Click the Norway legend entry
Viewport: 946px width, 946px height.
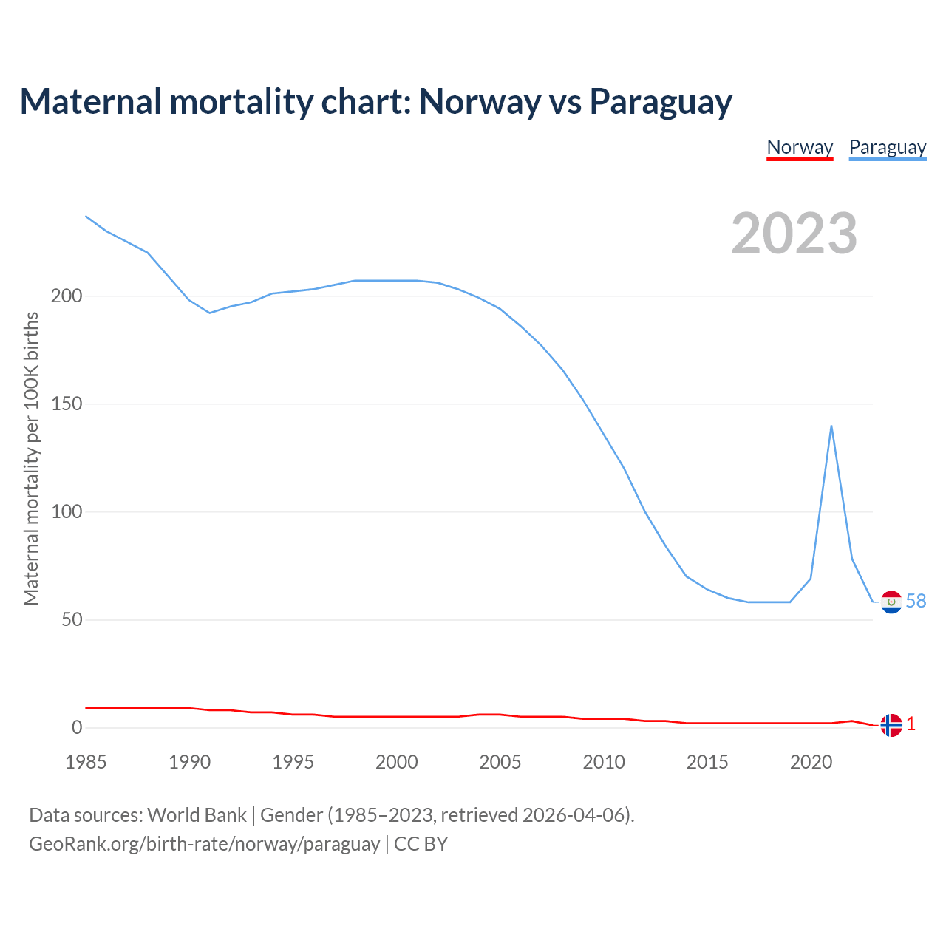click(800, 147)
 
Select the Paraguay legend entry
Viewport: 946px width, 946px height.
click(887, 147)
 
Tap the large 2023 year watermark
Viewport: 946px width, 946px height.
click(794, 234)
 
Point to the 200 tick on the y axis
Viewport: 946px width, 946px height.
click(66, 296)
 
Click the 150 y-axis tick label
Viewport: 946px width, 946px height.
click(66, 404)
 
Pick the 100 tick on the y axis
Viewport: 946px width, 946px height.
click(66, 512)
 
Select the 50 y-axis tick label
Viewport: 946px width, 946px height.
click(72, 620)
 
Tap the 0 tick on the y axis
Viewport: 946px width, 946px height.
click(77, 728)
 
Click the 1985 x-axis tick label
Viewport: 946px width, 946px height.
click(86, 762)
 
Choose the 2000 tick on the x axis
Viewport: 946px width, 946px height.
click(397, 762)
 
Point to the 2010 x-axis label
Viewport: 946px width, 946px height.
click(604, 762)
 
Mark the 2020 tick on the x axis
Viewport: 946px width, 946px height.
click(811, 762)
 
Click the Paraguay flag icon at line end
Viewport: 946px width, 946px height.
click(891, 602)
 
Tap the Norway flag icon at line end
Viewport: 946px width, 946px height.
click(891, 725)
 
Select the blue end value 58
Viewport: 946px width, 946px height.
click(916, 602)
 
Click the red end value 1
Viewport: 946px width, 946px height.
click(911, 724)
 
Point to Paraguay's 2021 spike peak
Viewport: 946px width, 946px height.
click(831, 426)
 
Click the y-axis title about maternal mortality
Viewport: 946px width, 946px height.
click(31, 459)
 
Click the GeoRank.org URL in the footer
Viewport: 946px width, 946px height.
click(204, 844)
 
